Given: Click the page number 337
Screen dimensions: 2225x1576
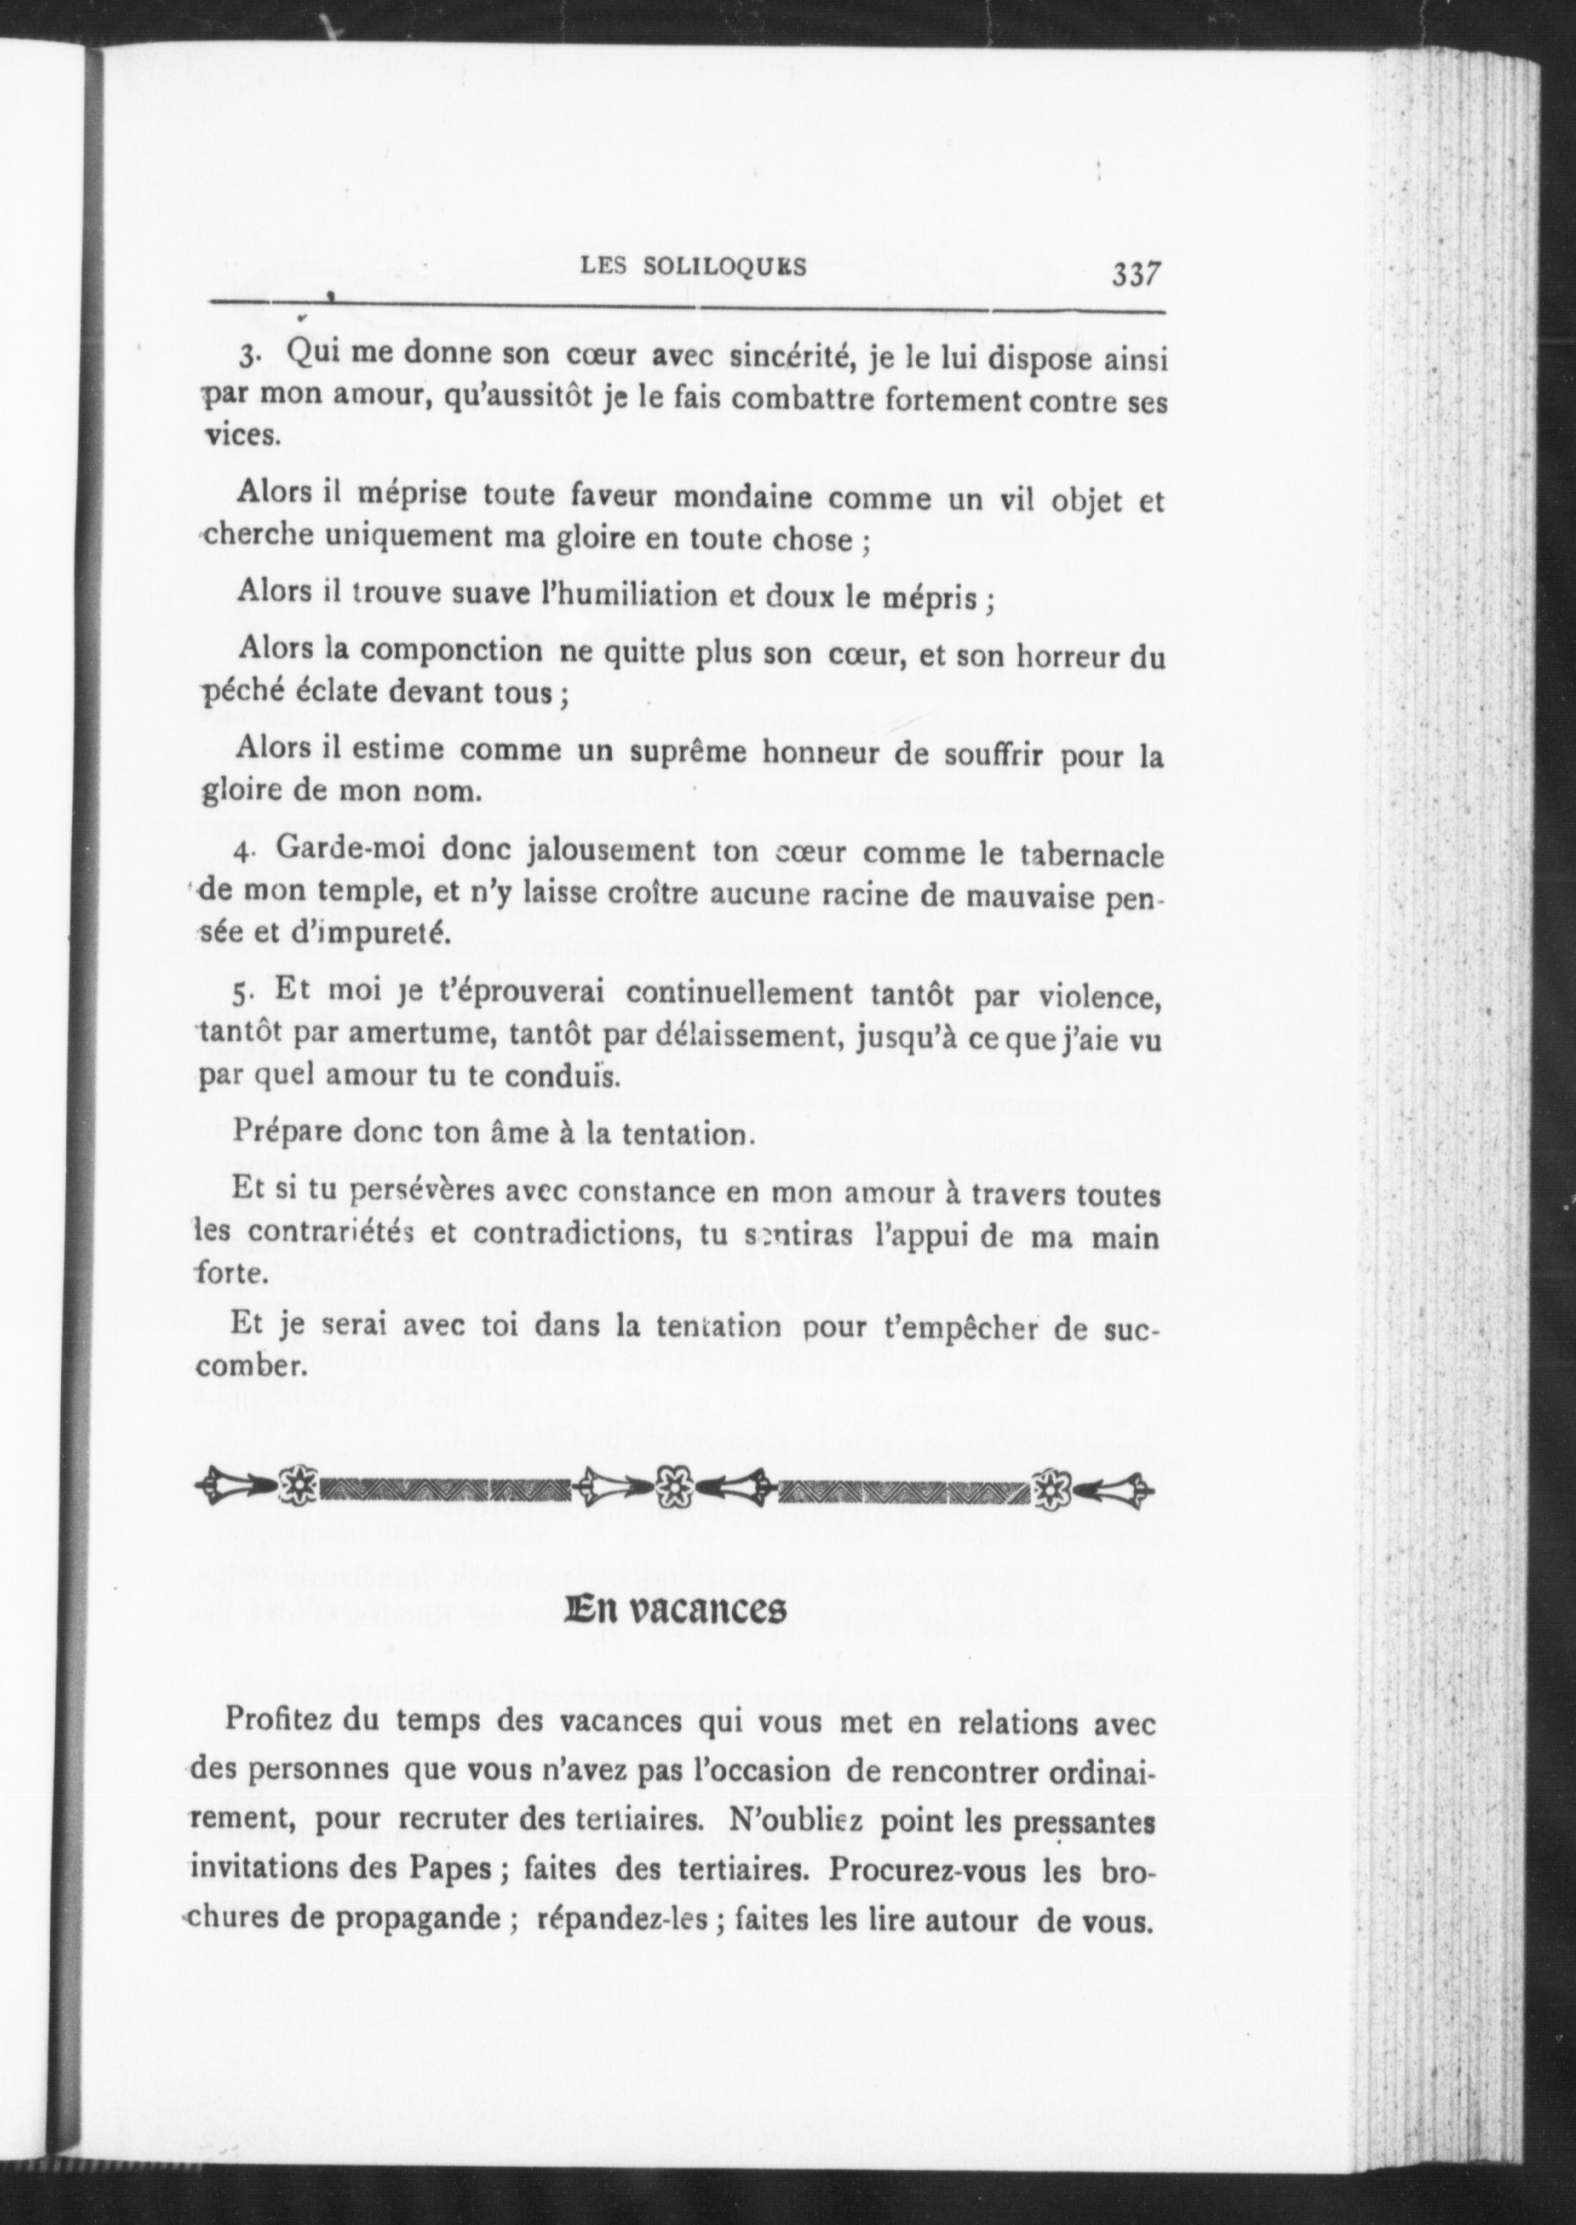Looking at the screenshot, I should pyautogui.click(x=1137, y=274).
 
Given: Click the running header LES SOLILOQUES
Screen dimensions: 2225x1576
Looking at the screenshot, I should pyautogui.click(x=692, y=267).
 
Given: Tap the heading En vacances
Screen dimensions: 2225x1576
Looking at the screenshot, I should pyautogui.click(x=677, y=1609).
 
